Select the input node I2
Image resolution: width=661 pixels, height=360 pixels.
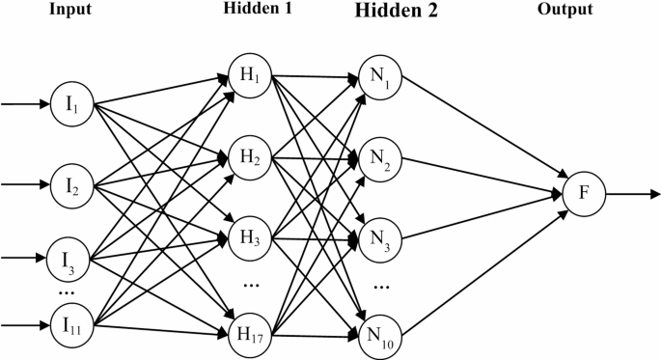click(72, 182)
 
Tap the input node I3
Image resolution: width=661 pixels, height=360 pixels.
click(67, 259)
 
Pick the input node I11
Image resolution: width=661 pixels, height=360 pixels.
click(72, 327)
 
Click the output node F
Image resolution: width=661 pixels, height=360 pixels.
click(583, 193)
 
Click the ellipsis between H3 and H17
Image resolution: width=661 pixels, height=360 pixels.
click(250, 284)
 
